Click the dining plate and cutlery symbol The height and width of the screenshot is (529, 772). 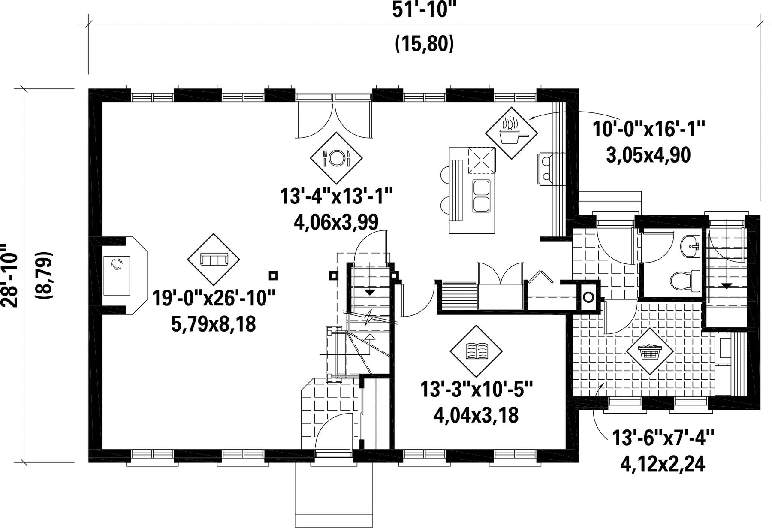tap(336, 157)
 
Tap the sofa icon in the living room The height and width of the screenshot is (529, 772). tap(214, 259)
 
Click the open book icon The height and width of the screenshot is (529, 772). tap(476, 351)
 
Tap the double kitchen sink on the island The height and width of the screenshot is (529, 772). tap(481, 196)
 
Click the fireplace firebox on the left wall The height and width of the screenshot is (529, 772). tap(116, 275)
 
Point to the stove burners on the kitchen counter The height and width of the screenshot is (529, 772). tap(546, 169)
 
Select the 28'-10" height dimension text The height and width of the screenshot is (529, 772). tap(9, 275)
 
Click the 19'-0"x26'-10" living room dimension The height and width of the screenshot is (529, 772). tap(214, 298)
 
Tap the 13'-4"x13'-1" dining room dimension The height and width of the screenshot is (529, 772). tap(337, 197)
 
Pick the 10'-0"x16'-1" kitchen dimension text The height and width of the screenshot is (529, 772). tap(649, 129)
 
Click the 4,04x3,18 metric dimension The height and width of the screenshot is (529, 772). tap(476, 415)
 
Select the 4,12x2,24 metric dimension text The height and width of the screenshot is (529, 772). tap(663, 464)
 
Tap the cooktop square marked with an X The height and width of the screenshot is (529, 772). tap(481, 160)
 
